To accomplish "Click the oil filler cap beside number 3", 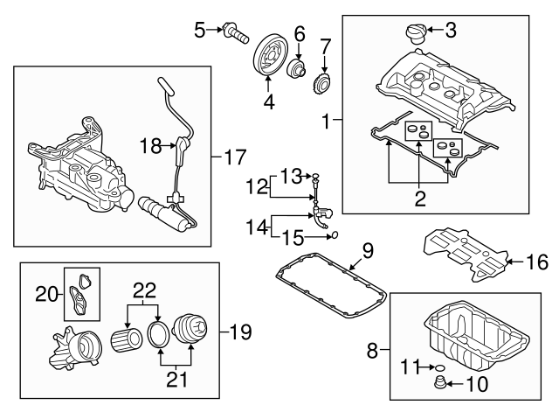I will pyautogui.click(x=413, y=35).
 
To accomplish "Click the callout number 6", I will pyautogui.click(x=299, y=34).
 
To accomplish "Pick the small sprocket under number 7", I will pyautogui.click(x=322, y=86).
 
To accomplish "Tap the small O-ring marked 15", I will pyautogui.click(x=335, y=234).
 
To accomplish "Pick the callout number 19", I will pyautogui.click(x=238, y=331).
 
